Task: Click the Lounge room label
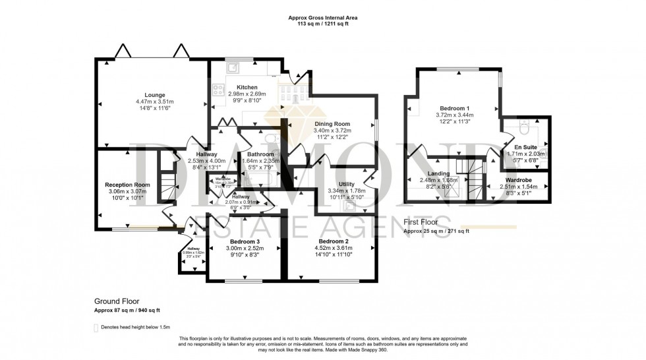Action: tap(155, 95)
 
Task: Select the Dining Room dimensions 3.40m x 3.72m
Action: tap(332, 131)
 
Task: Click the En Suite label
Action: tap(524, 147)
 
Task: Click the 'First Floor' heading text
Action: tap(423, 223)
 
